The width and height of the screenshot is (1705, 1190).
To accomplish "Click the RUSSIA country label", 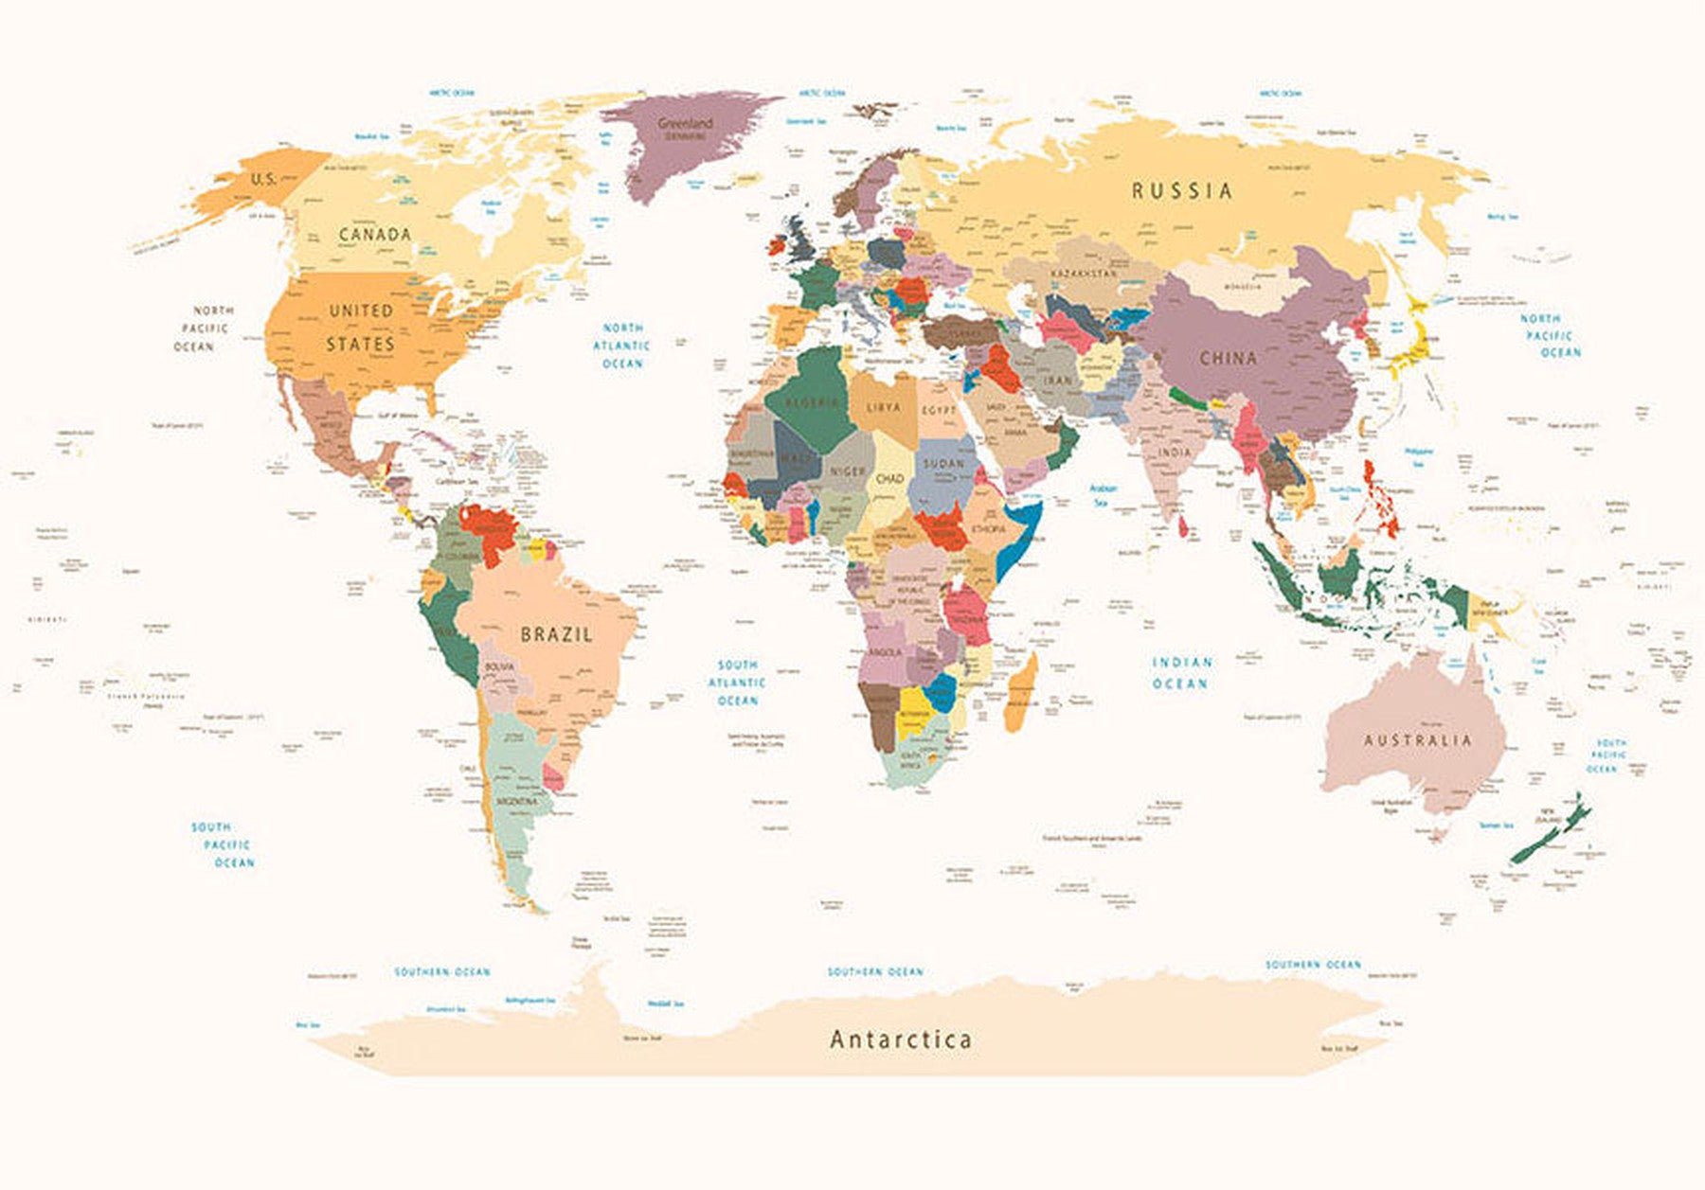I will click(1182, 190).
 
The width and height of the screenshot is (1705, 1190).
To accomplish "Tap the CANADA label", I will click(375, 234).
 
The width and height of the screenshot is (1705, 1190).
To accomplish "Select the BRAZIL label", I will click(557, 634).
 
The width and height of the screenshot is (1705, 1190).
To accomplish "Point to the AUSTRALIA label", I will click(1418, 740).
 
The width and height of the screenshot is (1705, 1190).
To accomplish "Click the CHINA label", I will click(1229, 358).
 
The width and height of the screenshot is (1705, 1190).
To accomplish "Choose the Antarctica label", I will click(901, 1039).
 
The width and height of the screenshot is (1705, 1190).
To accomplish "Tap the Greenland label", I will click(685, 124).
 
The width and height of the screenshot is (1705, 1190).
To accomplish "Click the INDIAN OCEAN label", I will click(1181, 672).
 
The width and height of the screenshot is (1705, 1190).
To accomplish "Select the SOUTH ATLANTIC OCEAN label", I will click(737, 683).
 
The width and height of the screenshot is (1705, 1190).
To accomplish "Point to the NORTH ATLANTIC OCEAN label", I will click(622, 346).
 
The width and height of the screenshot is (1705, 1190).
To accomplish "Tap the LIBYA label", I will click(884, 407).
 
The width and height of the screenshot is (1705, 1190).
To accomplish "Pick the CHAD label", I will click(889, 479).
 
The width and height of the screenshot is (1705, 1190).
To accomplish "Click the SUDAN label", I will click(943, 464).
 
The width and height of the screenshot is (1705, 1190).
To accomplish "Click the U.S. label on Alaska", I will click(263, 179).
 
